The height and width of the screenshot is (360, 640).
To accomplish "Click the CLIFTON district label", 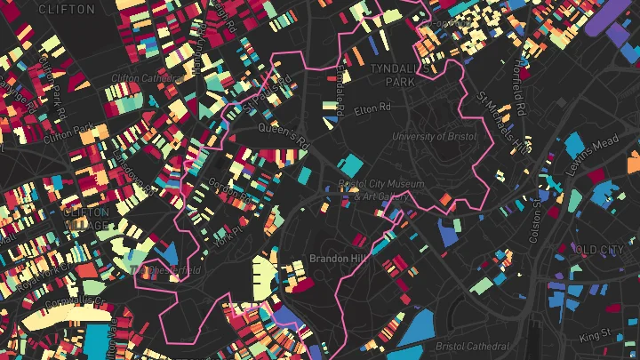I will [67, 9].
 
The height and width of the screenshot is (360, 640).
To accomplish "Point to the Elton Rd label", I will [372, 108].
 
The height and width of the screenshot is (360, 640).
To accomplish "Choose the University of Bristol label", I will [434, 137].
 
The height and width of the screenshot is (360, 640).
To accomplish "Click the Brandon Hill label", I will [332, 259].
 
